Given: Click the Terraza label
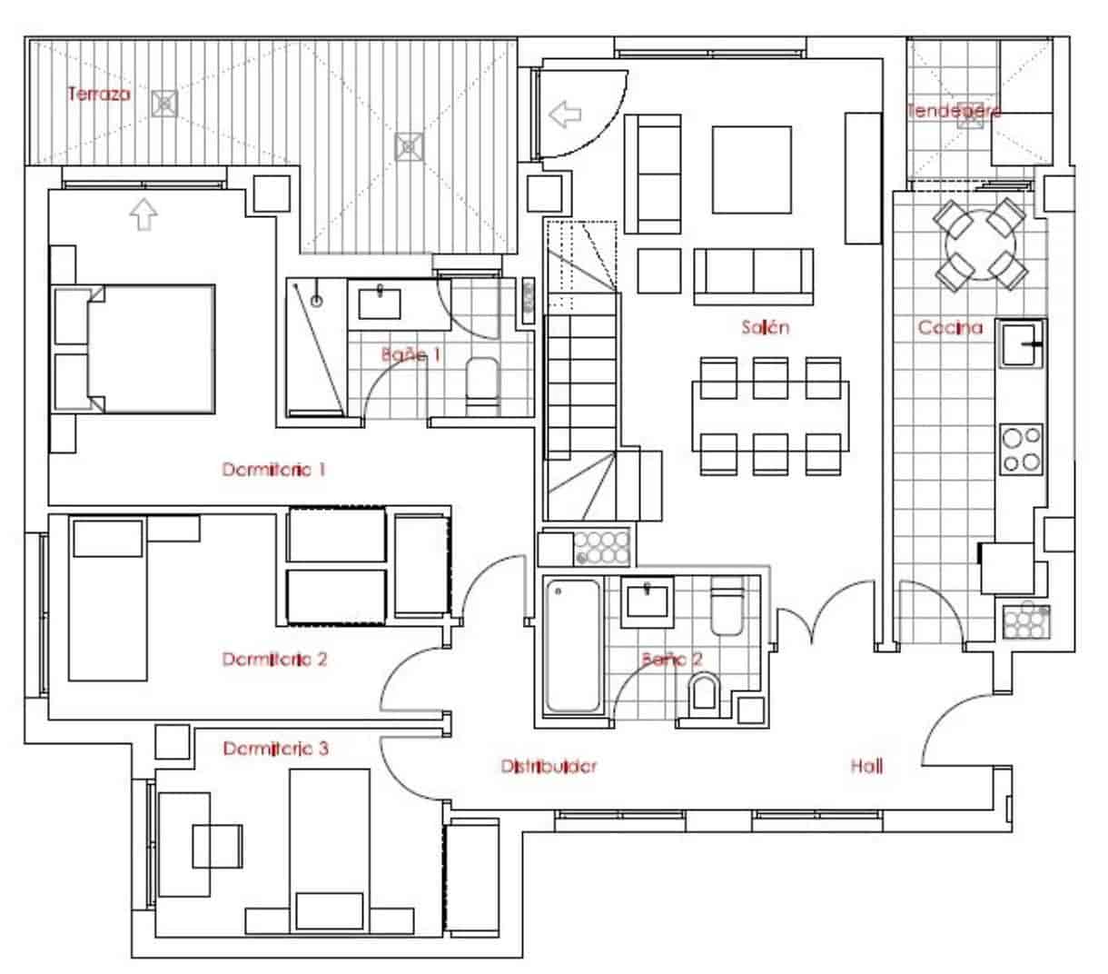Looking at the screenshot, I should (99, 94).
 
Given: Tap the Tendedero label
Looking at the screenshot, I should (954, 111).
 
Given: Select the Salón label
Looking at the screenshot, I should (765, 327).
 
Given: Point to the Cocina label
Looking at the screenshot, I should (950, 327).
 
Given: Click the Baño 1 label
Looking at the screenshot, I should (411, 354).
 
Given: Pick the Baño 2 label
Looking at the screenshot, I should (672, 660).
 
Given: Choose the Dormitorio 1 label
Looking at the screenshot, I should (274, 470).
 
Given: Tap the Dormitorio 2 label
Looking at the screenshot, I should (274, 659).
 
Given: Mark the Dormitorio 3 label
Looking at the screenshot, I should (276, 749).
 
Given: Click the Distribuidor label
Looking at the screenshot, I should (549, 767).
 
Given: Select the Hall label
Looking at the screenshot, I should (866, 767).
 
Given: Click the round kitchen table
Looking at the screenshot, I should (980, 245).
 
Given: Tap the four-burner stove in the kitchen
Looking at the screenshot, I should (1021, 449).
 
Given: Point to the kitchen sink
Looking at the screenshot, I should (1023, 344).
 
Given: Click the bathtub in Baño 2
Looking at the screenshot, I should (572, 646).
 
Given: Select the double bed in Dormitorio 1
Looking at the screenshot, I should (151, 349).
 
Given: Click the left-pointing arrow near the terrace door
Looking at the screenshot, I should (566, 114).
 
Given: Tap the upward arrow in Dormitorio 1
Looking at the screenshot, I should (143, 214).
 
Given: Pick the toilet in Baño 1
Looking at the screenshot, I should (481, 383).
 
